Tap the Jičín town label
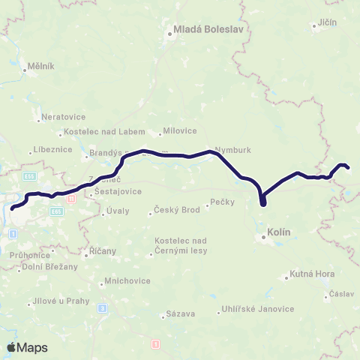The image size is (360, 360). coord(328,22)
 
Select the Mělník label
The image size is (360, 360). coord(40,66)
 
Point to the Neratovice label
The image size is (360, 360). coord(63,118)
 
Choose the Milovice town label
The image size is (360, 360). coord(181,132)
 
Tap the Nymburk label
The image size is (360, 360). coord(229,148)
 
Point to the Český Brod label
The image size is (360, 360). coord(176,210)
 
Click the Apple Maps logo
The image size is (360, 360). coord(27,347)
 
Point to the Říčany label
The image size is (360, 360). coord(100,254)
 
